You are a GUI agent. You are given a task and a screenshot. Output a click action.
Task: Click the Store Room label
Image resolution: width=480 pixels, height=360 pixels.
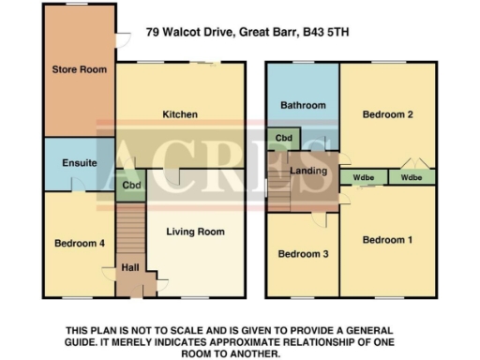(79, 69)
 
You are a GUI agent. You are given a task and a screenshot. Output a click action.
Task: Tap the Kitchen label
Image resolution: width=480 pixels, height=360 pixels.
(180, 115)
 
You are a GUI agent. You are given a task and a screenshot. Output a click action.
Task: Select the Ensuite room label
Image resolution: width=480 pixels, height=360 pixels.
(80, 163)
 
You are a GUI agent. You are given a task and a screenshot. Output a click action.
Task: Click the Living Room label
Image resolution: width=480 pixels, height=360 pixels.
(195, 232)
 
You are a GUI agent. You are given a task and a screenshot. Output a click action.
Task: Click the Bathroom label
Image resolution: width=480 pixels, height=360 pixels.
(301, 106)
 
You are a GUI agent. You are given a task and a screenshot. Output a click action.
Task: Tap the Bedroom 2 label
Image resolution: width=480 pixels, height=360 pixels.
(387, 115)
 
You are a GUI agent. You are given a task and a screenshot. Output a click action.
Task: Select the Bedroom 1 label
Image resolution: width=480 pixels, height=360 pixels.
(387, 240)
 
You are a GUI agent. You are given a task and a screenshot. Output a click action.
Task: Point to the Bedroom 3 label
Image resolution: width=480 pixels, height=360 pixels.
(301, 254)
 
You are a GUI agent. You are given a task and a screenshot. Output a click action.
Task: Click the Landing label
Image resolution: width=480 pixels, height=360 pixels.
(308, 170)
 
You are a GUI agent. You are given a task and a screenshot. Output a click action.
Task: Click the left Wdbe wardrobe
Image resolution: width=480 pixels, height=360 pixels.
(363, 177)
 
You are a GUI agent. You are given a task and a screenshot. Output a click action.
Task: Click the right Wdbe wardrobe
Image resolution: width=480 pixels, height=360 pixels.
(411, 177)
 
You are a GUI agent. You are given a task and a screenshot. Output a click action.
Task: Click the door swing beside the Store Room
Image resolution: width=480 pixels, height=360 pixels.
(122, 37)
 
